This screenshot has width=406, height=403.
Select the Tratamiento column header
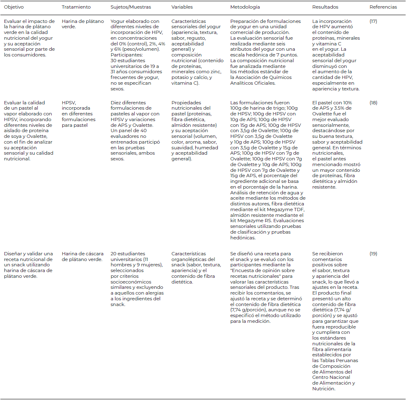point(76,7)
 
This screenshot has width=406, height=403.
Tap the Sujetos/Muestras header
point(131,7)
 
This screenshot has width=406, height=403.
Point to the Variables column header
point(182,7)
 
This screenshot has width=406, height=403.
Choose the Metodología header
point(245,7)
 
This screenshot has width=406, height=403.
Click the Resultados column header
point(325,7)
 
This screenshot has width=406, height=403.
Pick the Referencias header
point(383,7)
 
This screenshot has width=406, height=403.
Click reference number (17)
point(373,21)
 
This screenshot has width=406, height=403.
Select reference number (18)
point(373,103)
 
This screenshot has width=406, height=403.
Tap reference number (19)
point(373,254)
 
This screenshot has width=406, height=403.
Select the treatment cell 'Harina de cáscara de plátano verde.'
point(82,257)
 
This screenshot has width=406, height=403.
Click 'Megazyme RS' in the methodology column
point(253,221)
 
